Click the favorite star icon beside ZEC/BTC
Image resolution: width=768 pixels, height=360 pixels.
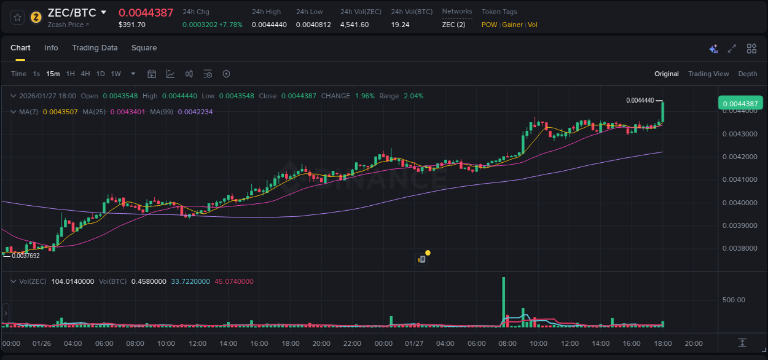pos(18,17)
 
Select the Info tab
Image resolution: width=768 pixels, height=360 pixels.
pos(51,48)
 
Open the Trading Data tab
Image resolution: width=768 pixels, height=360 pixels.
pos(95,48)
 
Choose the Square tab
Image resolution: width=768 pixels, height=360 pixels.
pos(144,48)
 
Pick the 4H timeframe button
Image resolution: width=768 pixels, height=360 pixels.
pos(85,74)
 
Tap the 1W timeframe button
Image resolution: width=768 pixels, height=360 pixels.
pos(116,74)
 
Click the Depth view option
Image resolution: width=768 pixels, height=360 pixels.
pos(747,74)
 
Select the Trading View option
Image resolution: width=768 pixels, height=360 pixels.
pos(708,74)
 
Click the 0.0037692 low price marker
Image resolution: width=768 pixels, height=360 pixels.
pos(25,256)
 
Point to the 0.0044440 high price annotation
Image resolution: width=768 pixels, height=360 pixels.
pos(640,100)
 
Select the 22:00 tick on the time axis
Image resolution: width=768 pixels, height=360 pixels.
pos(351,343)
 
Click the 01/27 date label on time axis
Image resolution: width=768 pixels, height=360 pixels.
pos(414,343)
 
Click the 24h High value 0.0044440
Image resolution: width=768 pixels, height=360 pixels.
pos(269,25)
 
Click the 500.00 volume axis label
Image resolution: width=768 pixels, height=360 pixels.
pos(734,300)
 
